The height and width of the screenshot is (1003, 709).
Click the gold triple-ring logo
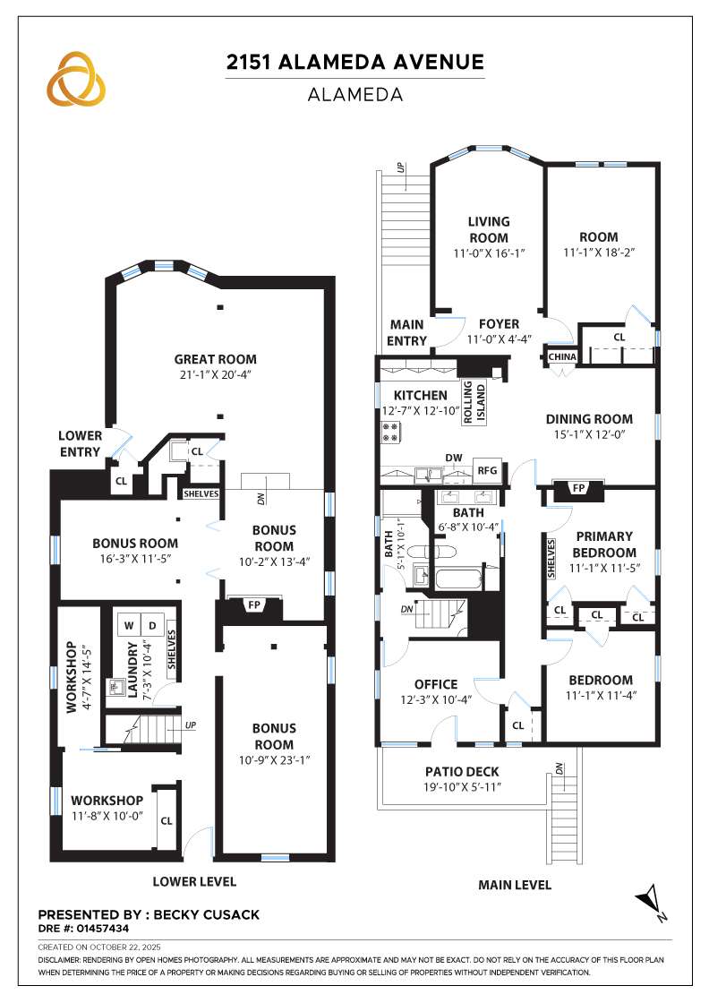pos(76,78)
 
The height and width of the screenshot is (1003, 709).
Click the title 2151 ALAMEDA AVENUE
pos(354,62)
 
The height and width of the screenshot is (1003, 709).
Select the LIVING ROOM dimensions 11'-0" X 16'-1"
pos(489,253)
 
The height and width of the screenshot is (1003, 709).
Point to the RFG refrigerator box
pos(487,469)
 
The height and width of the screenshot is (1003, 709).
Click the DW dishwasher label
pos(454,458)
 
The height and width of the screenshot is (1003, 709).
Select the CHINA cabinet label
pos(563,356)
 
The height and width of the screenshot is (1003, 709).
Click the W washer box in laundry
pos(129,624)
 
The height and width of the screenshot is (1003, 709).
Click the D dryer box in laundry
pos(151,624)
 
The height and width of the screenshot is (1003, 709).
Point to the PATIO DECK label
pos(463,771)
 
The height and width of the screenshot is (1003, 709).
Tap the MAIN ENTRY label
pos(406,332)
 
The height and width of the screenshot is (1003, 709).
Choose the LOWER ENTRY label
pos(80,443)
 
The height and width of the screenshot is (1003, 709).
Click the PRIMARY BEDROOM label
pos(604,544)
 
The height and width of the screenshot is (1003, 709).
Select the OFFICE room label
pos(436,684)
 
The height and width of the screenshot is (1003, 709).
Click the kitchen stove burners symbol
pos(390,433)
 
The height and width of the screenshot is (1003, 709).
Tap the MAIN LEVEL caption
pos(514,885)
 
